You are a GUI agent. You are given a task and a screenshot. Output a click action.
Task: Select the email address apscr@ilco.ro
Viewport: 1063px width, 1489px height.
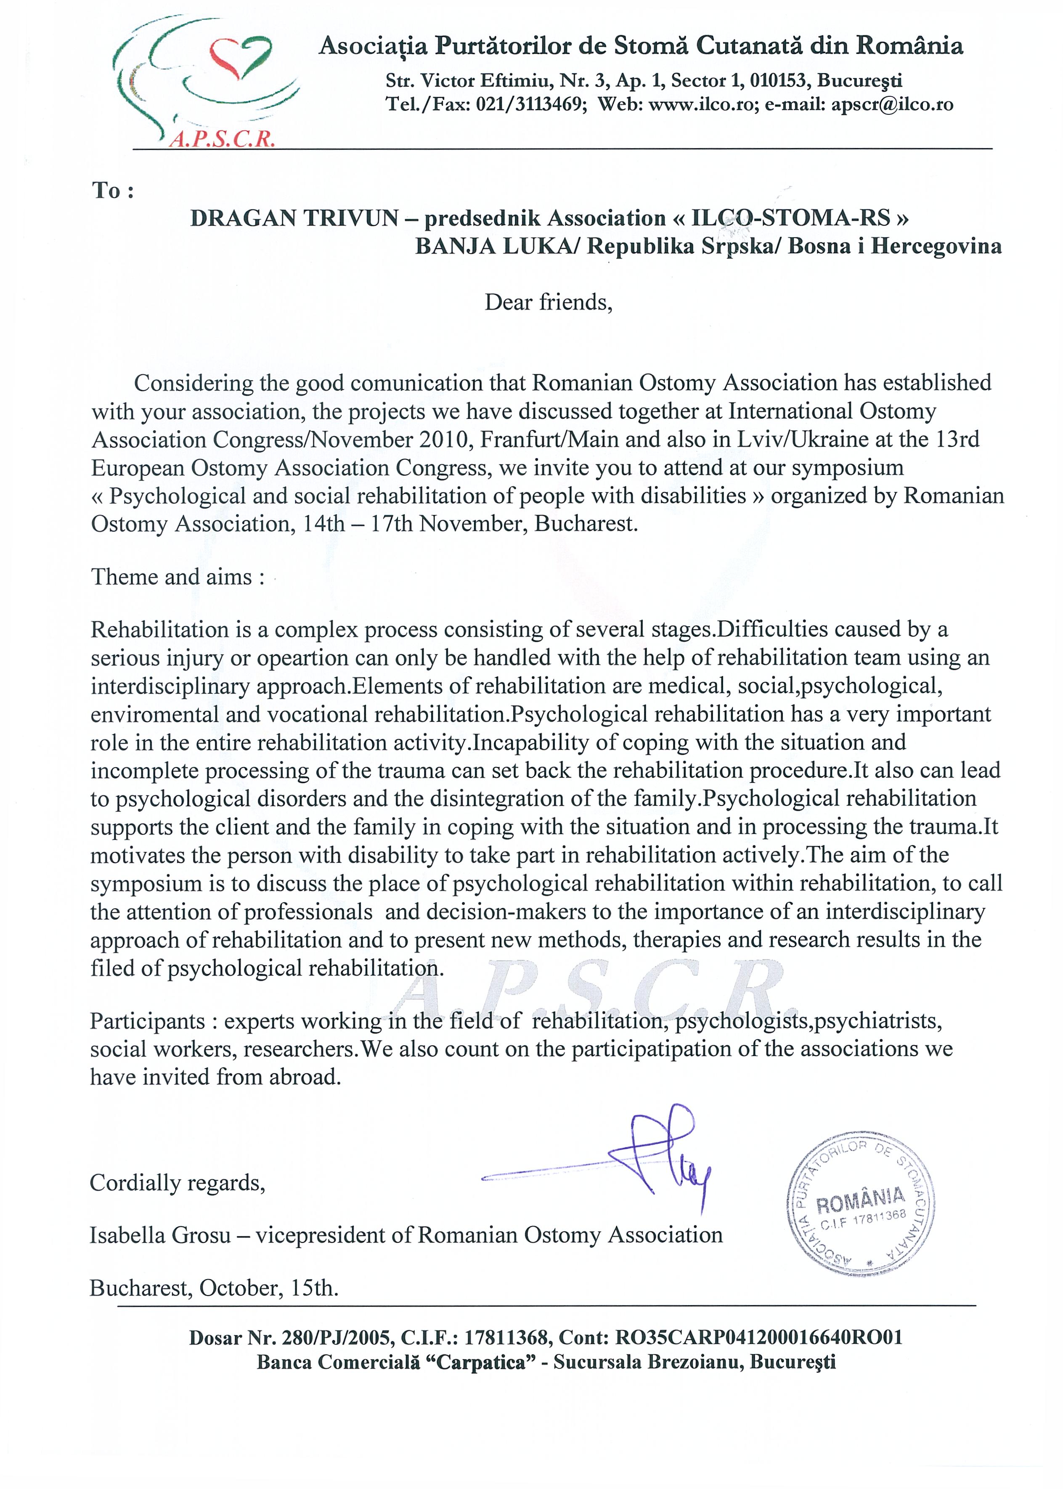(892, 105)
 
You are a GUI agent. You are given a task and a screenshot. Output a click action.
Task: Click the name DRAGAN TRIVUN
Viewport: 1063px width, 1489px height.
(294, 218)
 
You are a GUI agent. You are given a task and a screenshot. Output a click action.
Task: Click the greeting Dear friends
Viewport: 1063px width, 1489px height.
(548, 302)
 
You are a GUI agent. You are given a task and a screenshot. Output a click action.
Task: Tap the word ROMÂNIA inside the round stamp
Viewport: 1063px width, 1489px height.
(861, 1200)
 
